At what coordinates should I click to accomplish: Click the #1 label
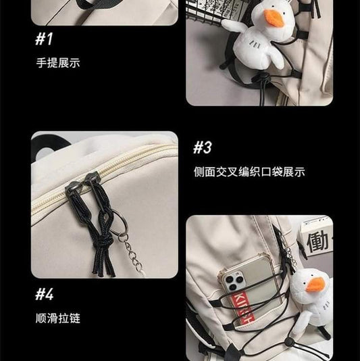coord(44,39)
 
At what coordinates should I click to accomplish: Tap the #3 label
coord(203,147)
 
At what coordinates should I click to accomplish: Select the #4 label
coord(45,294)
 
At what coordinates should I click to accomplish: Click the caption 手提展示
coord(58,63)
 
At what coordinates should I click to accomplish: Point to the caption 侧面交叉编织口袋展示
coord(249,172)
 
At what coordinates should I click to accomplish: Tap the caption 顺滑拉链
coord(58,318)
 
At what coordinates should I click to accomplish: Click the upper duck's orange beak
coord(276,18)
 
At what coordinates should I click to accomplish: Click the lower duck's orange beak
coord(315,285)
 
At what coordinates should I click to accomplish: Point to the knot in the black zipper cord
coord(104,241)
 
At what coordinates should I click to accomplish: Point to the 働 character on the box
coord(317,242)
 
